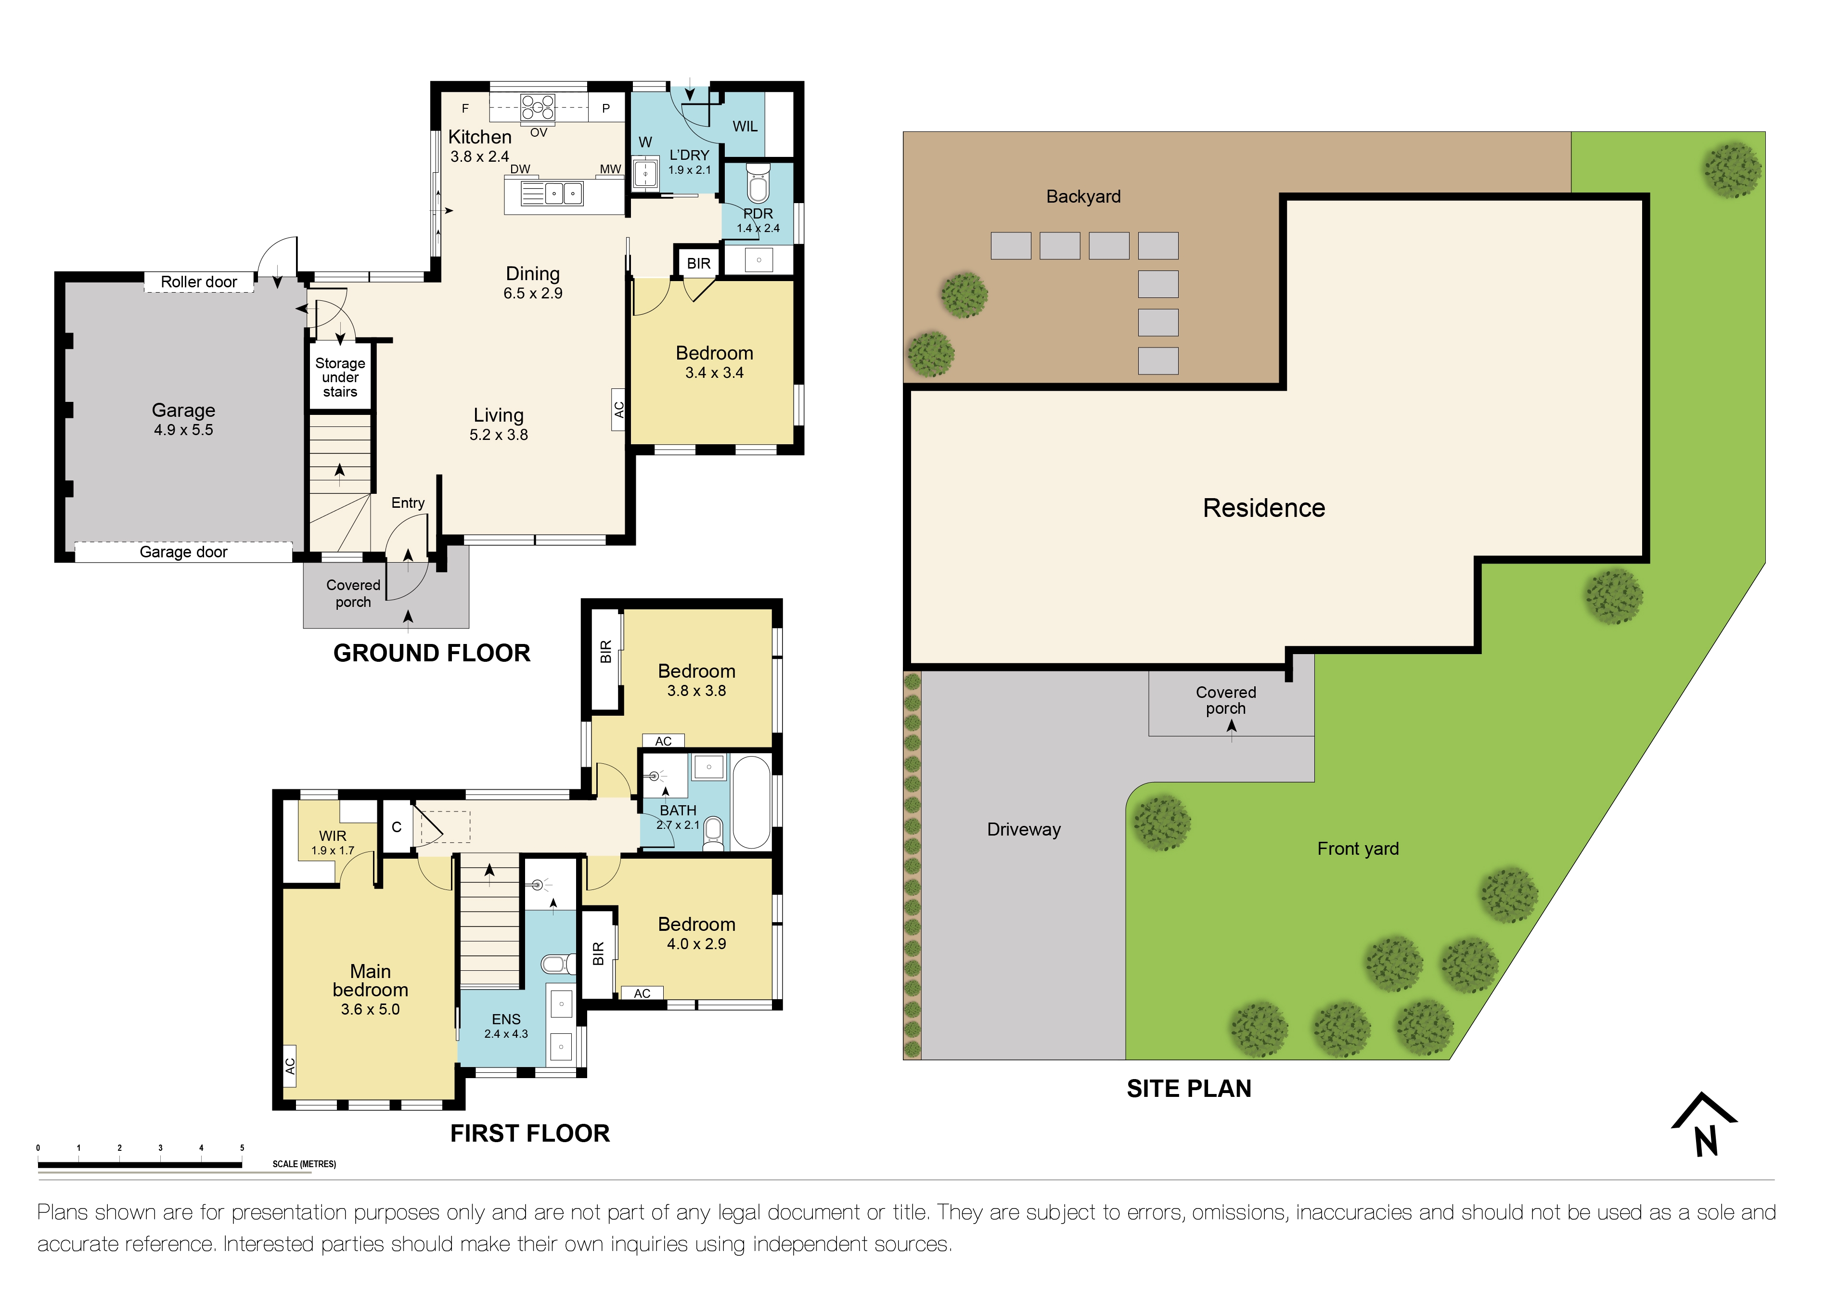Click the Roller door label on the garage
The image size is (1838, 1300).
pyautogui.click(x=199, y=282)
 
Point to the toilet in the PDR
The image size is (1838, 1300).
pyautogui.click(x=758, y=184)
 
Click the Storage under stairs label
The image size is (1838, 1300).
pyautogui.click(x=340, y=377)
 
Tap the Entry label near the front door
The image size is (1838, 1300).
pyautogui.click(x=408, y=502)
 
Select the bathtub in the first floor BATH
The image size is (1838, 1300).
pyautogui.click(x=751, y=801)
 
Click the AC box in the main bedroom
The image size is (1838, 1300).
pyautogui.click(x=290, y=1066)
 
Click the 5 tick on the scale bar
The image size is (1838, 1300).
pyautogui.click(x=242, y=1148)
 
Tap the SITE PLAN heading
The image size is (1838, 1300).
pyautogui.click(x=1189, y=1089)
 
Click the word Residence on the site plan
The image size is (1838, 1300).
pyautogui.click(x=1263, y=508)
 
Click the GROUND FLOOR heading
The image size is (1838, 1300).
pyautogui.click(x=432, y=653)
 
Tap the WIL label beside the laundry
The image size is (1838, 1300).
pyautogui.click(x=745, y=127)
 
